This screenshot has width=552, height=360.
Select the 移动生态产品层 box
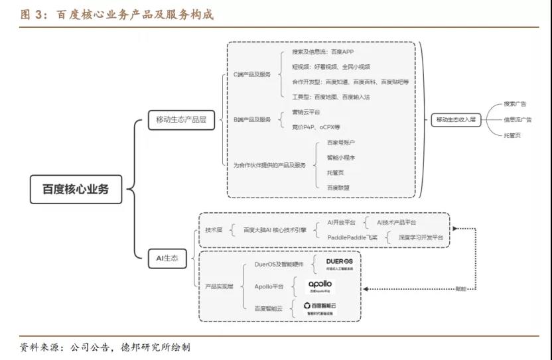(180, 119)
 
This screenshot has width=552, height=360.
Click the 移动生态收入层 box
(456, 119)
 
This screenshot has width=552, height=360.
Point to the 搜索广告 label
(515, 104)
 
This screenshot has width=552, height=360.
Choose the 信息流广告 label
(517, 119)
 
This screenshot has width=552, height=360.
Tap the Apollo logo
(320, 286)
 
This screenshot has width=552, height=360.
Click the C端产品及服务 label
(253, 75)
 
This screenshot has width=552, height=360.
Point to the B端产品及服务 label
(253, 119)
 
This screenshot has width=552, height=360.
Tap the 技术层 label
(214, 229)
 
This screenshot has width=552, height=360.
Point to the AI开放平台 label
(342, 222)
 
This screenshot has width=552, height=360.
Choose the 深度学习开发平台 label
(421, 237)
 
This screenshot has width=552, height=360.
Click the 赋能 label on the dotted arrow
(460, 289)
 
